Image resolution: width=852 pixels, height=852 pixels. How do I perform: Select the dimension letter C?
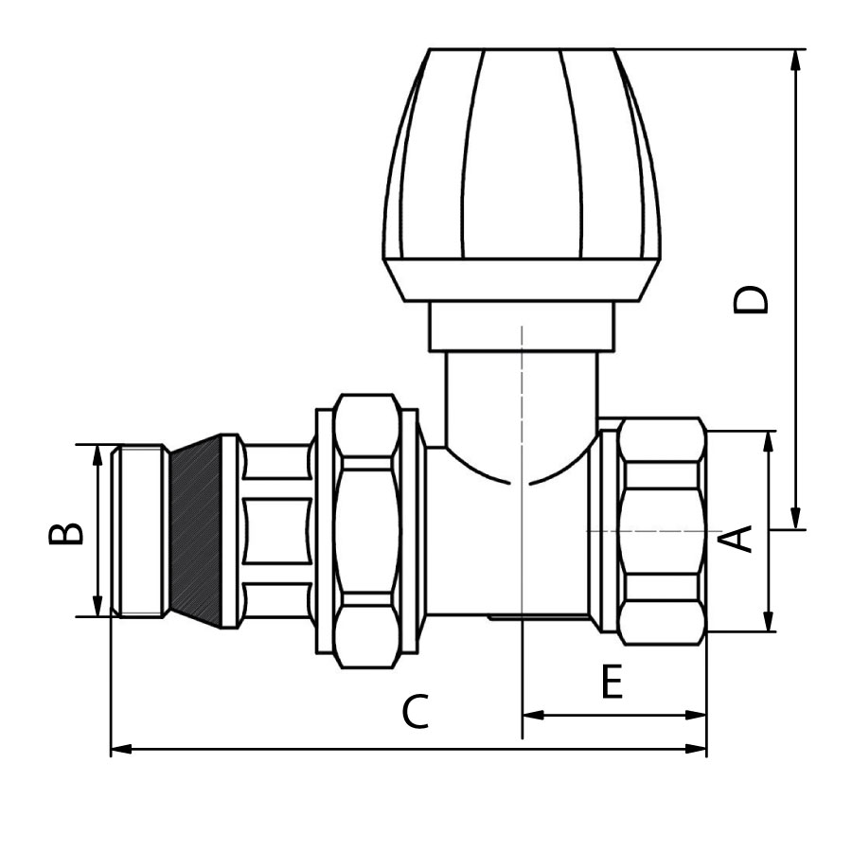416,711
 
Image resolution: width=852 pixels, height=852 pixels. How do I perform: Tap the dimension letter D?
752,299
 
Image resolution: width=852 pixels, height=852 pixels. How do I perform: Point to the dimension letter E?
612,681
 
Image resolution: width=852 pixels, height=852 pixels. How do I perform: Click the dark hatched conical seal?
196,531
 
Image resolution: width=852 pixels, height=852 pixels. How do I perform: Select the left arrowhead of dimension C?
121,749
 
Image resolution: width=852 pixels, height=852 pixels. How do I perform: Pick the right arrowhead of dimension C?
696,749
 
